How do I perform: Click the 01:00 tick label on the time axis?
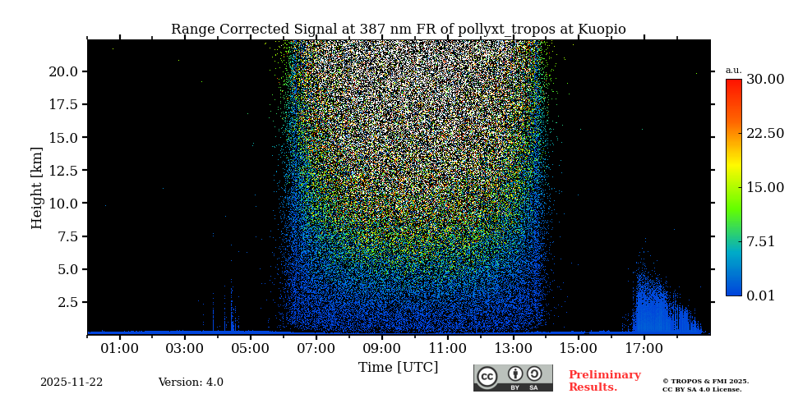[119, 349]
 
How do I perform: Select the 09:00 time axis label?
[381, 349]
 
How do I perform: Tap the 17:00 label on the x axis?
[644, 349]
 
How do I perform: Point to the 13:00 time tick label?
[513, 349]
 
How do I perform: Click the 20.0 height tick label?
[62, 71]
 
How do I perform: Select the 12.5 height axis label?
[62, 171]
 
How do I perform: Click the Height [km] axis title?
[37, 187]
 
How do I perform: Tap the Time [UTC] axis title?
[398, 367]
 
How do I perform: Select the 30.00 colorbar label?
[764, 80]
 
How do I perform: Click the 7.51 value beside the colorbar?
[760, 241]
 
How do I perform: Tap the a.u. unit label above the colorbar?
[733, 70]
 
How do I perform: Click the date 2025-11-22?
[72, 383]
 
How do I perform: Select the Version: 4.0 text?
[191, 383]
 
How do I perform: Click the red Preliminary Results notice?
[604, 381]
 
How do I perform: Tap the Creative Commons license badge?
[513, 378]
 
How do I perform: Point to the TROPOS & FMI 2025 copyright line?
[705, 381]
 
